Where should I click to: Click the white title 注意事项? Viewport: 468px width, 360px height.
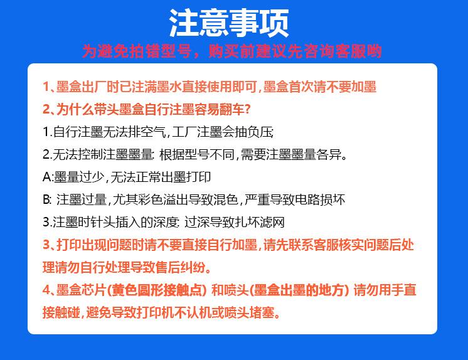[229, 24]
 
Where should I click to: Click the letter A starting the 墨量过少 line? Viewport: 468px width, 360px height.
[46, 177]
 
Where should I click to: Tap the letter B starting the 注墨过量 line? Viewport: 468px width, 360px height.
[46, 200]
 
